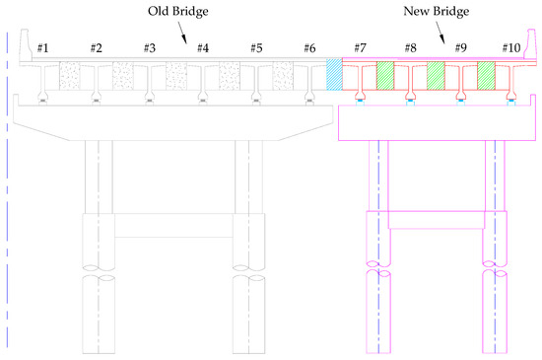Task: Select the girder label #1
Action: point(42,48)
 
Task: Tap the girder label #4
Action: point(202,48)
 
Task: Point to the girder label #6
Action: point(309,48)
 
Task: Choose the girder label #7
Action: point(360,48)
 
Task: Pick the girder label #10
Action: point(510,48)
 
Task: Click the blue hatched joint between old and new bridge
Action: point(334,75)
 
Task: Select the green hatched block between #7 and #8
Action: point(385,75)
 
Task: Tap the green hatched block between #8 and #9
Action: point(436,75)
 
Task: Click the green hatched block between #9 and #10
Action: point(486,75)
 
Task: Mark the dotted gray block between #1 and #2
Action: point(69,75)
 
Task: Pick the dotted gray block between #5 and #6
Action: point(283,75)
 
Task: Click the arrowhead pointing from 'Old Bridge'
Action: point(186,43)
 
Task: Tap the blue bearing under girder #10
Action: point(510,103)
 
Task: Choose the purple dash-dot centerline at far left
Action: point(7,197)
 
